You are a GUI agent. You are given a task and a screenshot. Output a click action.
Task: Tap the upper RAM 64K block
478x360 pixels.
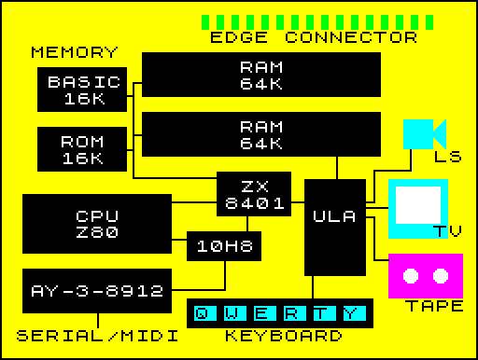(260, 75)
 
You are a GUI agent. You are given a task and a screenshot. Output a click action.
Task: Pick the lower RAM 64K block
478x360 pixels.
(260, 134)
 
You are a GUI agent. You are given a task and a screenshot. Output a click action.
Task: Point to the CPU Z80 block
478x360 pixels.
(96, 224)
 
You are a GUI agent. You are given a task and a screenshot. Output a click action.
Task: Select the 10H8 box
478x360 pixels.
(223, 246)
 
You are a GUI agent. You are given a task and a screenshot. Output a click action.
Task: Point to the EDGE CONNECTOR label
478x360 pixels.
(313, 38)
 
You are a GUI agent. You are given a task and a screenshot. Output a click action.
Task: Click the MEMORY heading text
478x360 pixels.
(74, 53)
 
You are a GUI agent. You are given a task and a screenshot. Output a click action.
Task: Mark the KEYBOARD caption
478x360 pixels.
(283, 336)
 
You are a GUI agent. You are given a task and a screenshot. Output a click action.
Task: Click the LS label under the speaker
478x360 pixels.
(447, 157)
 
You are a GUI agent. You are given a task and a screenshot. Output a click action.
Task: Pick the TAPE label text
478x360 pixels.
(434, 307)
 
